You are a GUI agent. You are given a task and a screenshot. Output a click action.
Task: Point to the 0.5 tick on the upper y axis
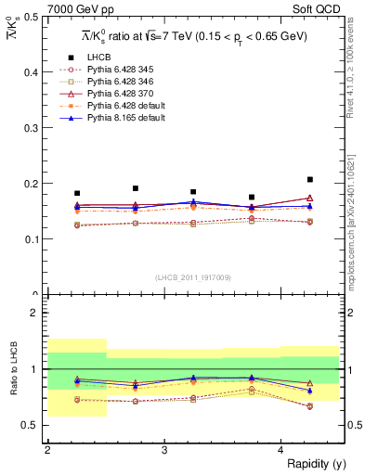click(x=32, y=17)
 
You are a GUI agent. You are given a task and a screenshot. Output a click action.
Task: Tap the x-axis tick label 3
click(x=163, y=450)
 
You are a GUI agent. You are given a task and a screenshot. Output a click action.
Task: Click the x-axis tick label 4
click(x=281, y=450)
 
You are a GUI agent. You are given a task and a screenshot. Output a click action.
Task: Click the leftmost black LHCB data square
click(x=77, y=193)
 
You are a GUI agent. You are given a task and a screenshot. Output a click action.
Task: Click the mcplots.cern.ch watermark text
click(x=353, y=223)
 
